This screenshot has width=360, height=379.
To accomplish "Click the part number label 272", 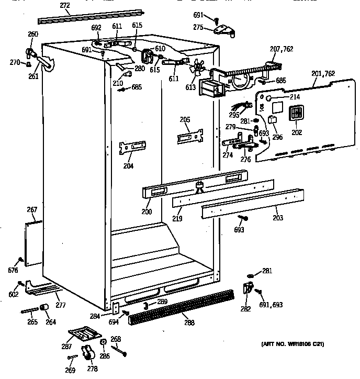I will (64, 6).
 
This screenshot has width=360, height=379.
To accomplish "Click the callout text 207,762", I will (282, 49).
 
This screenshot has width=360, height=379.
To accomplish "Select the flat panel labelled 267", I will (33, 241).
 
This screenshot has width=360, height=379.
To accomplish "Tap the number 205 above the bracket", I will (185, 120).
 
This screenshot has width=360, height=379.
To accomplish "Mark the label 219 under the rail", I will (177, 218).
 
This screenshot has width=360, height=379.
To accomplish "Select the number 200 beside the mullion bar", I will (147, 212).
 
